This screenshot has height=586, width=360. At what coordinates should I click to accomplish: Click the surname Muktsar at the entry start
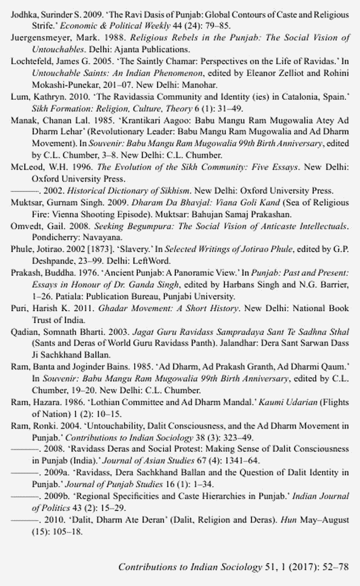point(25,202)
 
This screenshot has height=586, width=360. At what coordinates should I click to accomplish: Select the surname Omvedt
point(25,226)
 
